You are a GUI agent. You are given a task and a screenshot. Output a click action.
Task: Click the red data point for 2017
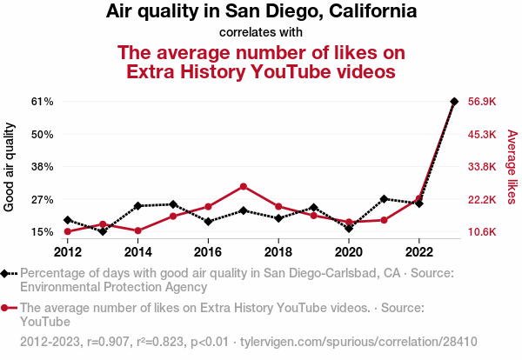[x=244, y=186]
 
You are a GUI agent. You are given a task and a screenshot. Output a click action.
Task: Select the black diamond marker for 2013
[x=103, y=231]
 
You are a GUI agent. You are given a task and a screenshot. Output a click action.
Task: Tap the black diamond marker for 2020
[x=349, y=229]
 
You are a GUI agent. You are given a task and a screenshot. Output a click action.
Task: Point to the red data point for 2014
[x=137, y=230]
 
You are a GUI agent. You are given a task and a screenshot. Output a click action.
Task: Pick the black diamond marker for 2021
[x=384, y=199]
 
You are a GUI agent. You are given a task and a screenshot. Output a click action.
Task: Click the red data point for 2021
[x=384, y=220]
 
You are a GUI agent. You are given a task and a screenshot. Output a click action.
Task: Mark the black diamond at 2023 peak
[x=454, y=101]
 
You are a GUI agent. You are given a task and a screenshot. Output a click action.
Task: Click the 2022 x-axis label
[x=419, y=252]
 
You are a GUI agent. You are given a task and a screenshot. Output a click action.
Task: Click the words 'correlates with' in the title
[x=261, y=33]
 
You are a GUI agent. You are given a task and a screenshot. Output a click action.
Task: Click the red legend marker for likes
[x=6, y=308]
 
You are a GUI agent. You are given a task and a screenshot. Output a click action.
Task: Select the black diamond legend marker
[x=6, y=273]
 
